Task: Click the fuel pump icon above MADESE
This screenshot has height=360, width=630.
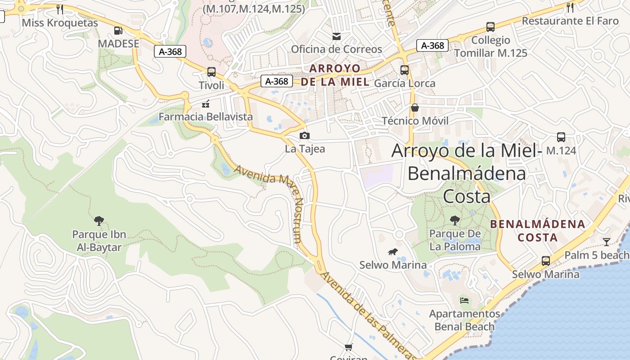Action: [118, 31]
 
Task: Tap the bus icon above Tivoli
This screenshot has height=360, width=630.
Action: [211, 72]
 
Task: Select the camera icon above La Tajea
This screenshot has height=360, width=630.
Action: [305, 135]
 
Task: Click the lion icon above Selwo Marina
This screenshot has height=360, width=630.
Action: [393, 252]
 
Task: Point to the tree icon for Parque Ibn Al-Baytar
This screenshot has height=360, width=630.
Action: [99, 220]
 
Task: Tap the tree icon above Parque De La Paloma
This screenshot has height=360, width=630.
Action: [455, 220]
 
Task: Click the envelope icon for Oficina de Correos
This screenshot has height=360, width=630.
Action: [337, 36]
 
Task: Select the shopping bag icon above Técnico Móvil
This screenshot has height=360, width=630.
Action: [415, 108]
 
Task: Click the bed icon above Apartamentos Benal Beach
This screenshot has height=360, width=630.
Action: [464, 300]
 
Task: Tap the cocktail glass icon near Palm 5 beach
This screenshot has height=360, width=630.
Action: [607, 242]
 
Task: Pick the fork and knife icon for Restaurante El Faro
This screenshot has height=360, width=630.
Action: [570, 7]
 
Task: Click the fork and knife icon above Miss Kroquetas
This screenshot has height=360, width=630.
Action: [60, 9]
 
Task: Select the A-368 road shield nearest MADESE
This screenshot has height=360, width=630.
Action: [171, 51]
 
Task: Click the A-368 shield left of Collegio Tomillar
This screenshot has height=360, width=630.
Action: [432, 45]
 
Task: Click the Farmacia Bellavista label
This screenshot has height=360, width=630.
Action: [206, 117]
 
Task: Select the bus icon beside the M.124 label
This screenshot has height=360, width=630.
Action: [561, 137]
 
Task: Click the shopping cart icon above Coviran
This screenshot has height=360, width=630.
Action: [348, 347]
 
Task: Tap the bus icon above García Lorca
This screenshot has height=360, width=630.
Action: [405, 70]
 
